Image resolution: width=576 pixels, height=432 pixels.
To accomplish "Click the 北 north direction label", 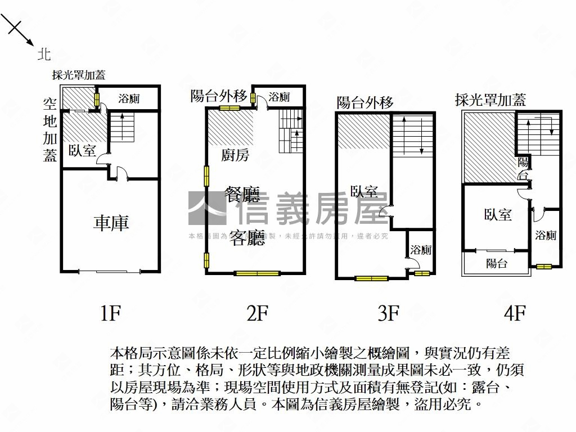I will tap(44, 54).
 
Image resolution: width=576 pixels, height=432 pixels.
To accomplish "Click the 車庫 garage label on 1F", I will tap(111, 223).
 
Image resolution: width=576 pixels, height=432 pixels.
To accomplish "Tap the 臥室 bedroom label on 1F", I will tap(82, 150).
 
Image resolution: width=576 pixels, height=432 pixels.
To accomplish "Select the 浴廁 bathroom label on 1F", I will tap(129, 99).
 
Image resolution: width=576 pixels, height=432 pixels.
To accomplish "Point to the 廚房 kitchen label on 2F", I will tap(236, 155).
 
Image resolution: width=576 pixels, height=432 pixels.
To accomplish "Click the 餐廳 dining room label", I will tap(242, 196).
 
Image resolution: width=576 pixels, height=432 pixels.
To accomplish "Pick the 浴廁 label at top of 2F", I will tap(279, 97).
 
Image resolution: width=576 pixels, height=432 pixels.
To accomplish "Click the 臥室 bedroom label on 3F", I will tap(364, 191).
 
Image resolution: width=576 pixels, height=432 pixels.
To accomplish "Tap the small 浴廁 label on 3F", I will tap(421, 249).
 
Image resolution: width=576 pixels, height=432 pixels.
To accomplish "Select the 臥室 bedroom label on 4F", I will tap(498, 214).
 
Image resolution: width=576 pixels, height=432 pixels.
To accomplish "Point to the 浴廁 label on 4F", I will tap(546, 235).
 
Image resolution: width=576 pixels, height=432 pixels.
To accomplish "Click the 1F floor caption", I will tap(111, 313).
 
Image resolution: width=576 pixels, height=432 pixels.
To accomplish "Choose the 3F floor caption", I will tap(388, 313).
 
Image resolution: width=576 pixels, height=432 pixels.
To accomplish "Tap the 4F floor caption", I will tap(515, 313).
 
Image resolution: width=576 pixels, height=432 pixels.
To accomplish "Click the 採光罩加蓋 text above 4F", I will tap(490, 101).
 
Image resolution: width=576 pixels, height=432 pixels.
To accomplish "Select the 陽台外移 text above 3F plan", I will tap(364, 102).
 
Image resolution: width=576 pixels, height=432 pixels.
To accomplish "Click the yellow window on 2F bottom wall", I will tap(257, 273).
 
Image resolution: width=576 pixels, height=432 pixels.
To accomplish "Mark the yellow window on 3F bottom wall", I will tap(371, 278).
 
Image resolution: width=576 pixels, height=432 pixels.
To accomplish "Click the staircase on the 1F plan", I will tap(122, 127).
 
